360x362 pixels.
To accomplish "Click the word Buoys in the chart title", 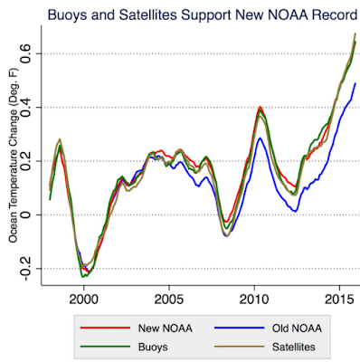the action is tap(67, 15).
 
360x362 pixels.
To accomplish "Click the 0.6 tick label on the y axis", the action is tap(26, 53).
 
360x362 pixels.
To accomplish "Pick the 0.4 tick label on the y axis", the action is tap(26, 108).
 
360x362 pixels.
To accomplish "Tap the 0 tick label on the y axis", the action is tap(26, 214).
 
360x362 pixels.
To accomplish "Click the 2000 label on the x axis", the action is tap(83, 300).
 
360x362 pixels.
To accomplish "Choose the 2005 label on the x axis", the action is tap(169, 300).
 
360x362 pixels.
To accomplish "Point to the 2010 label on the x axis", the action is tap(254, 300).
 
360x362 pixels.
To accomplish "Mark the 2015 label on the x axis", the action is tap(340, 300).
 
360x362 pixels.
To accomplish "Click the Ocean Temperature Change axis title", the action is tap(14, 156).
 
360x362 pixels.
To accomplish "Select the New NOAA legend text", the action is tap(166, 329).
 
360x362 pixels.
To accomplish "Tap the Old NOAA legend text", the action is tap(297, 329).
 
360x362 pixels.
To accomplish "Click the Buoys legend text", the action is tap(153, 347).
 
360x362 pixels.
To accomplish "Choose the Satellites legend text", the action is tap(294, 347).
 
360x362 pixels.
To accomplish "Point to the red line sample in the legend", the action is tap(105, 328).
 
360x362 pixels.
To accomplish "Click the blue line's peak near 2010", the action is tap(260, 138).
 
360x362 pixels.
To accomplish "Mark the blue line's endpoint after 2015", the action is tap(355, 83).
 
